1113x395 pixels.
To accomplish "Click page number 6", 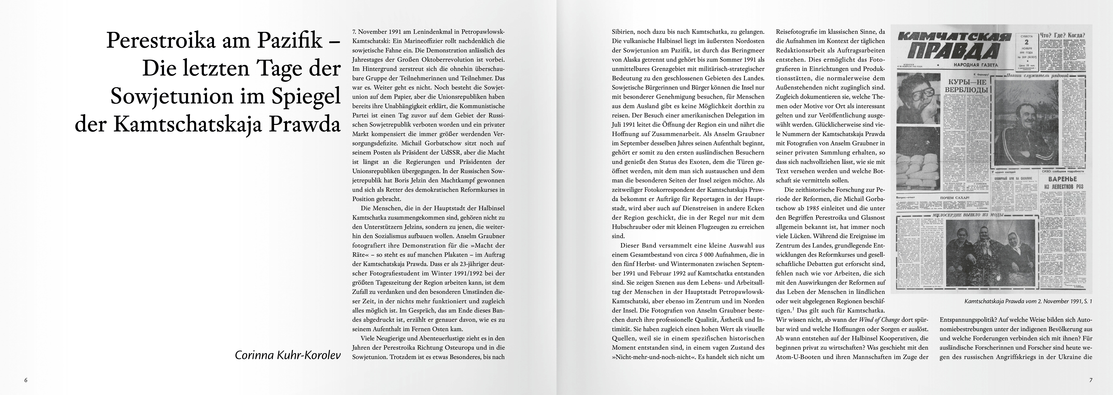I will (26, 380).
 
